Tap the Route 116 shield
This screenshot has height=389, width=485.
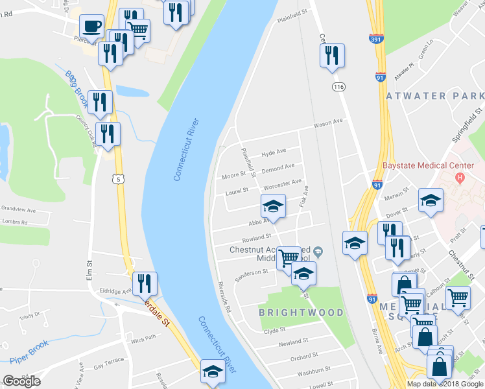tap(337, 87)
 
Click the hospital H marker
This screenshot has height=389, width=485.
tap(460, 177)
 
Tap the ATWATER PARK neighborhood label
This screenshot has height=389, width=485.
tap(434, 96)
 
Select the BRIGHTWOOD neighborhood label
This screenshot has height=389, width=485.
tap(302, 312)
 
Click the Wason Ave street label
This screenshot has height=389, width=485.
tap(327, 124)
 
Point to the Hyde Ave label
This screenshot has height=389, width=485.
tap(273, 152)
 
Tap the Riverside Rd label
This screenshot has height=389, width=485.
tap(225, 297)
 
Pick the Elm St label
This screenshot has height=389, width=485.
tap(90, 267)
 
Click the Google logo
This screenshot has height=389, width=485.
tap(21, 381)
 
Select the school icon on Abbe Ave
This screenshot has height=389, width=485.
tap(273, 206)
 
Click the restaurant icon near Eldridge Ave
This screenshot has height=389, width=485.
tap(144, 283)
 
